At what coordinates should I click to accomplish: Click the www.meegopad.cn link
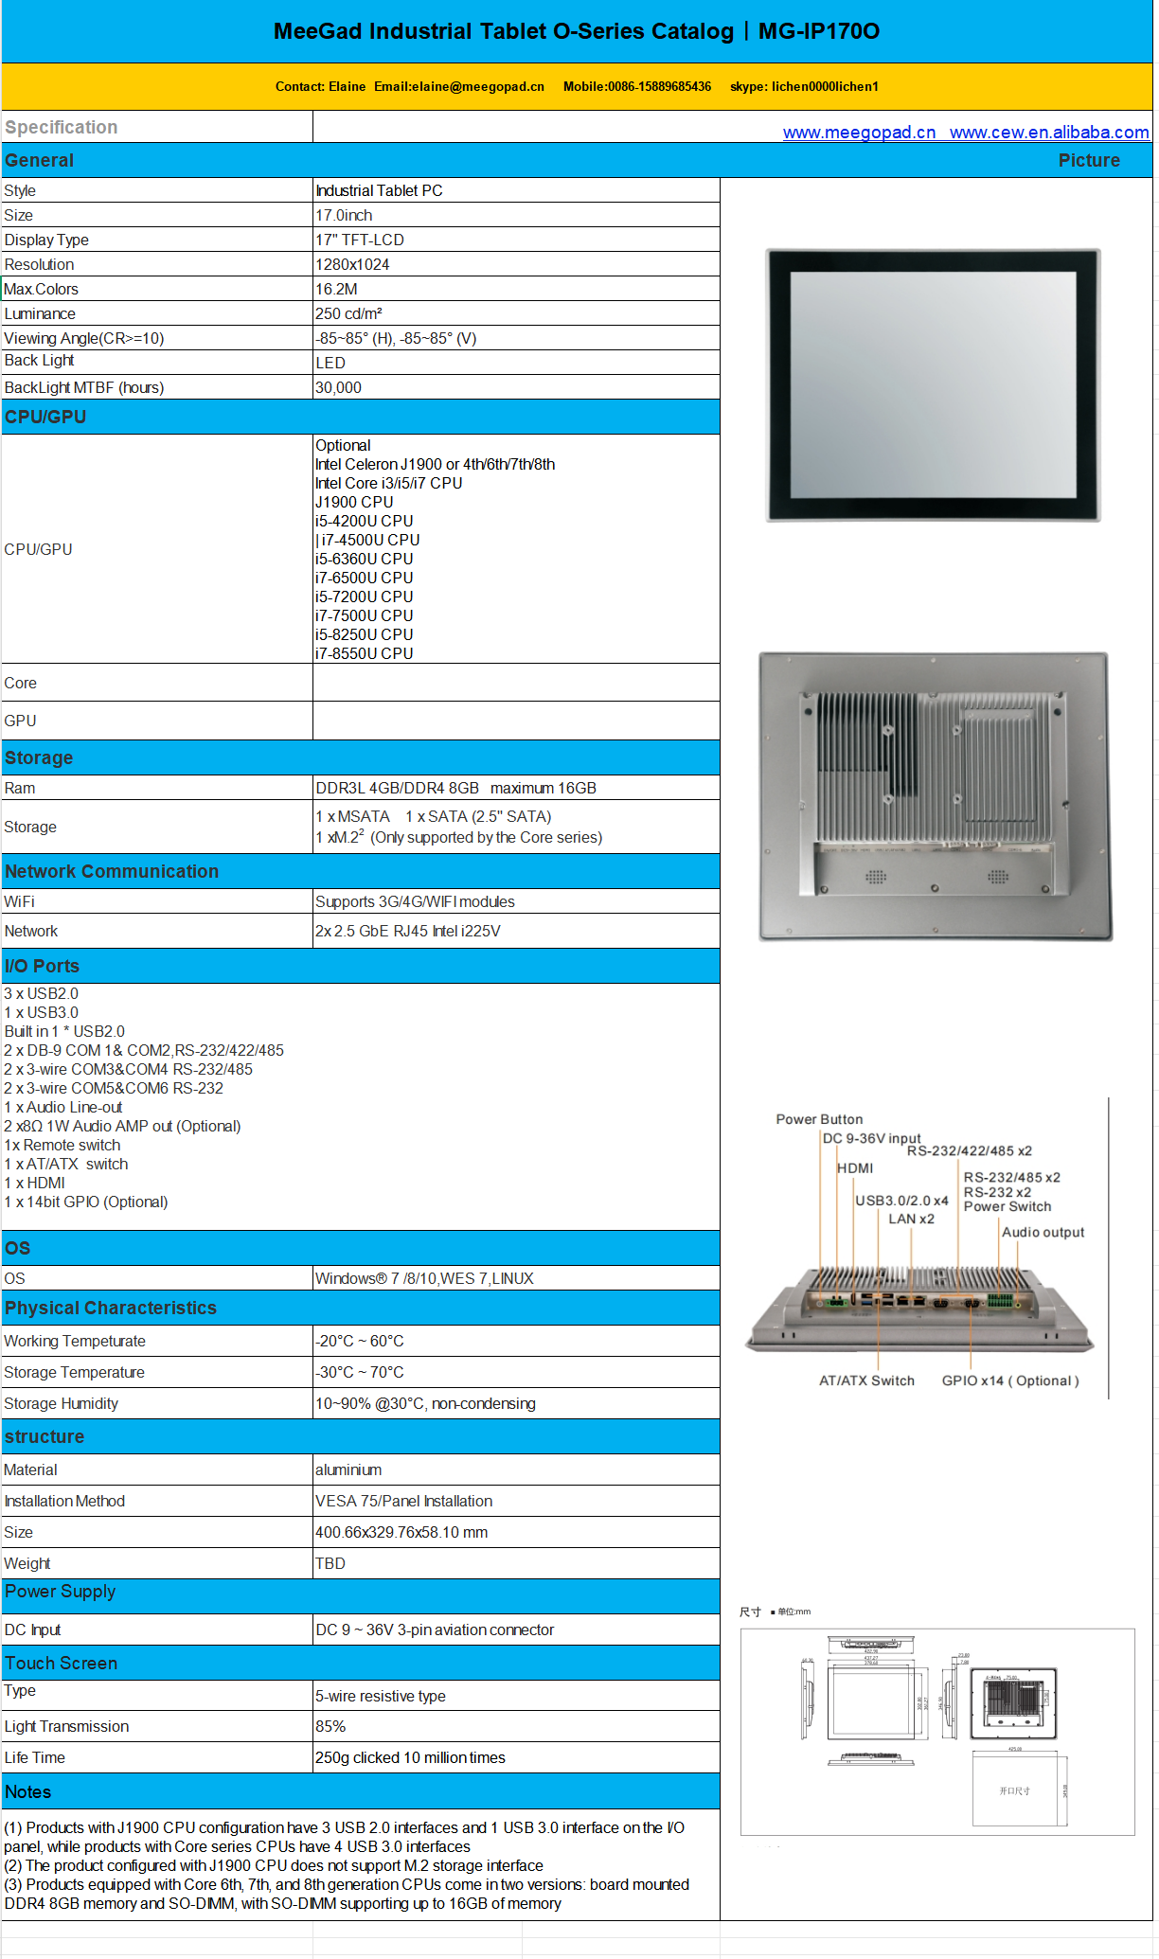click(x=859, y=133)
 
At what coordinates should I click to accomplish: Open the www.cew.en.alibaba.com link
click(x=1049, y=133)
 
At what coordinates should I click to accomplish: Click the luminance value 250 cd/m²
click(x=348, y=314)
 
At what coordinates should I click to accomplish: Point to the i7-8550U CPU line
click(x=364, y=654)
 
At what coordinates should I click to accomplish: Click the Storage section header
click(x=39, y=758)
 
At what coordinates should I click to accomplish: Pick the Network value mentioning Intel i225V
click(x=408, y=932)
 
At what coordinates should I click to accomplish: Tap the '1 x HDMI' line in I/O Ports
click(x=35, y=1184)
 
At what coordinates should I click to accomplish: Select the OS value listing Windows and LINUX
click(x=424, y=1279)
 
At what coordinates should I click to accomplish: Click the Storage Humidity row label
click(x=62, y=1404)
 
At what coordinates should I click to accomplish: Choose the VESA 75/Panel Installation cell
click(x=403, y=1502)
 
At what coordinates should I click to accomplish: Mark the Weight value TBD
click(x=330, y=1564)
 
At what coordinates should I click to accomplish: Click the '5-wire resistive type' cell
click(x=381, y=1697)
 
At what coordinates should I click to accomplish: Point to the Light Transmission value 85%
click(x=330, y=1727)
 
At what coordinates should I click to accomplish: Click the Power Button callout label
click(x=819, y=1119)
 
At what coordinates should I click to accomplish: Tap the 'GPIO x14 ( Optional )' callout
click(x=1010, y=1381)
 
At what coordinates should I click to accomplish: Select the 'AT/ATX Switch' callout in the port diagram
click(x=866, y=1381)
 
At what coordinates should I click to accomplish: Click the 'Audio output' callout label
click(x=1043, y=1233)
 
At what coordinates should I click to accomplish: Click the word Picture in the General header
click(x=1089, y=161)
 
